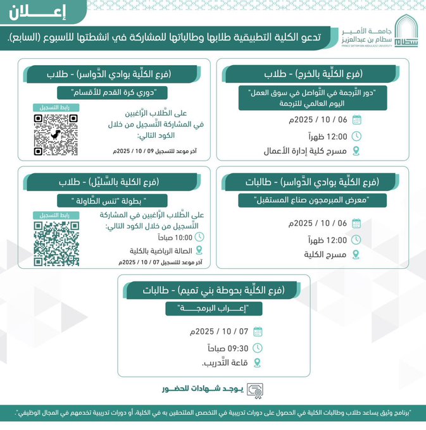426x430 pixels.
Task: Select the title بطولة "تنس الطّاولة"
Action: click(x=119, y=200)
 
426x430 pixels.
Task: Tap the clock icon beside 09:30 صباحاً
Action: click(x=257, y=347)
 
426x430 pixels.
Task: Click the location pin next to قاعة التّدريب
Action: click(x=257, y=363)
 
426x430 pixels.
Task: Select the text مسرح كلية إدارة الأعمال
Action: click(x=306, y=151)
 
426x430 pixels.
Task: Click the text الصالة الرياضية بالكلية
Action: click(x=157, y=251)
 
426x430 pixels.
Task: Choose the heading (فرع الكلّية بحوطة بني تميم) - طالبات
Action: click(x=213, y=290)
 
